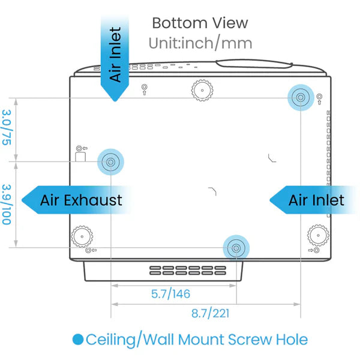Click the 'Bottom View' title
pos(199,23)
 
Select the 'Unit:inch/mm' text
pos(200,43)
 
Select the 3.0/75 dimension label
pos(7,127)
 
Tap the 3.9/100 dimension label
pos(7,204)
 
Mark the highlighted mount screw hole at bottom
pos(236,247)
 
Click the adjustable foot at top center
pos(203,90)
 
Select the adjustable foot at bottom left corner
pos(81,236)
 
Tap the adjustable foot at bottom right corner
pos(317,235)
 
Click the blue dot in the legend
pos(77,340)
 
